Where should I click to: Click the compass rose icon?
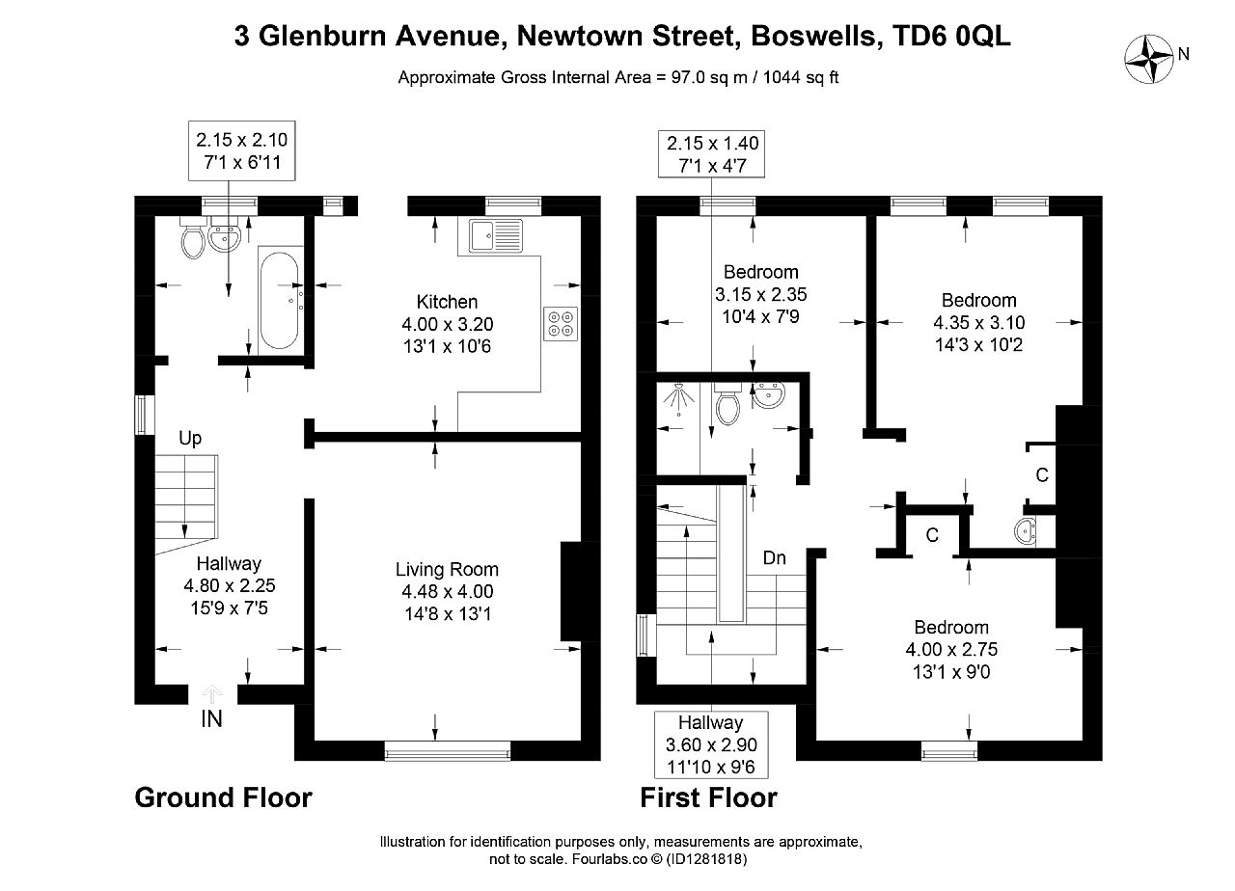(1149, 59)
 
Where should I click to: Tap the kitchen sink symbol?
(495, 236)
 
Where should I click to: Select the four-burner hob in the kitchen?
(561, 323)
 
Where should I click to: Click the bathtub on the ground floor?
(280, 300)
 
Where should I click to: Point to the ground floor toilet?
(192, 237)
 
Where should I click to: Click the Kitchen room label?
(447, 302)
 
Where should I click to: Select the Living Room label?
(447, 569)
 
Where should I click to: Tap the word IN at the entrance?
(211, 719)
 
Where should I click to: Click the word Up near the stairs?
(190, 439)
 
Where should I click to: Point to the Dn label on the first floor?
(774, 558)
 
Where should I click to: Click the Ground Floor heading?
(223, 797)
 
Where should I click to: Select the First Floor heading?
(708, 797)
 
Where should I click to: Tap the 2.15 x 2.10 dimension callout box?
(242, 151)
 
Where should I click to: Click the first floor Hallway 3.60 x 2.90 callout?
(711, 744)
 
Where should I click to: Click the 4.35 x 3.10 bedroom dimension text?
(979, 322)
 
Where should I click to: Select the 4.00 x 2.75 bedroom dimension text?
(951, 649)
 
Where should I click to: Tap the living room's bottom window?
(447, 751)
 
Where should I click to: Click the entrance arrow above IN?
(211, 694)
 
